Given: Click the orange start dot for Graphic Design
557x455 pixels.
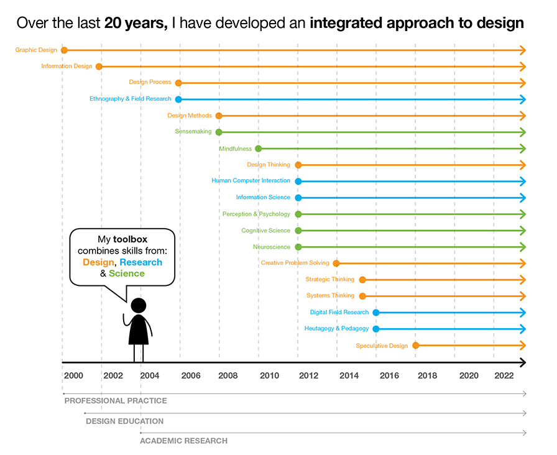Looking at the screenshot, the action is [64, 50].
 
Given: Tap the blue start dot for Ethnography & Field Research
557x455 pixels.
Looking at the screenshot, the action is [178, 99].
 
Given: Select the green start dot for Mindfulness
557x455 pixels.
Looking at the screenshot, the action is [259, 149].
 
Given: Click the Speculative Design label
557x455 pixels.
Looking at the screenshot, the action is [382, 346].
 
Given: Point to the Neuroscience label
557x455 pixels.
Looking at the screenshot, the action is [272, 247].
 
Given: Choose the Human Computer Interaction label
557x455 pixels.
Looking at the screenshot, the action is [251, 180].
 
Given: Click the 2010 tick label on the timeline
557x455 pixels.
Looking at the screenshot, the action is [269, 375].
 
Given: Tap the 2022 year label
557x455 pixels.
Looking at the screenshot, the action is [504, 375].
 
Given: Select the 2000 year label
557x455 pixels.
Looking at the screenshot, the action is [73, 375].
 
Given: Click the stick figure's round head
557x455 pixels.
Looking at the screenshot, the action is [139, 305].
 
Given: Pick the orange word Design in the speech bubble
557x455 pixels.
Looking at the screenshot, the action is [98, 262].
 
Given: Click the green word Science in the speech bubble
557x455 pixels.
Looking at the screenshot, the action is [127, 273].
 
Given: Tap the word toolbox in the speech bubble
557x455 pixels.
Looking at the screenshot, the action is [130, 239].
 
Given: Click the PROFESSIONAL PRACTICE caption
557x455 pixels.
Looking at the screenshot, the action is [116, 401].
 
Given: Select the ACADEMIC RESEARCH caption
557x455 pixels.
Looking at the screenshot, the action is [183, 441].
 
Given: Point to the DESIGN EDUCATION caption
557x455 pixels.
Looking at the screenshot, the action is [125, 421].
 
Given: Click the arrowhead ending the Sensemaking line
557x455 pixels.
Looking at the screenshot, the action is [523, 132].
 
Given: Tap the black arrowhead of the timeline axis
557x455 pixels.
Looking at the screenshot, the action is [522, 362].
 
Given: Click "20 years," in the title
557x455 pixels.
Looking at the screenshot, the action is [136, 24].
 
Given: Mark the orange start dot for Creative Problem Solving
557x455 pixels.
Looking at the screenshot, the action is [336, 264].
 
